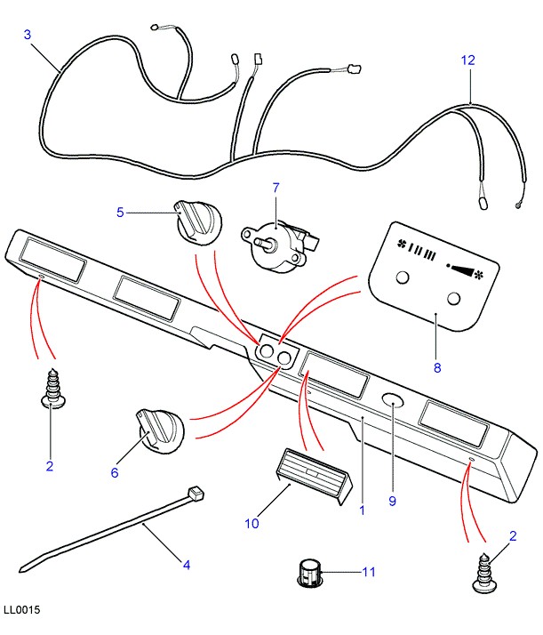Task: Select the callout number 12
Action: pyautogui.click(x=467, y=60)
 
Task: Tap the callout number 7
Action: pyautogui.click(x=275, y=188)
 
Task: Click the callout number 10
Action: pyautogui.click(x=252, y=523)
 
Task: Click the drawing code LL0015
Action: pyautogui.click(x=21, y=611)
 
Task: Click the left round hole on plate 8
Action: pyautogui.click(x=403, y=279)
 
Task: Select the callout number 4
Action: pyautogui.click(x=187, y=564)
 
